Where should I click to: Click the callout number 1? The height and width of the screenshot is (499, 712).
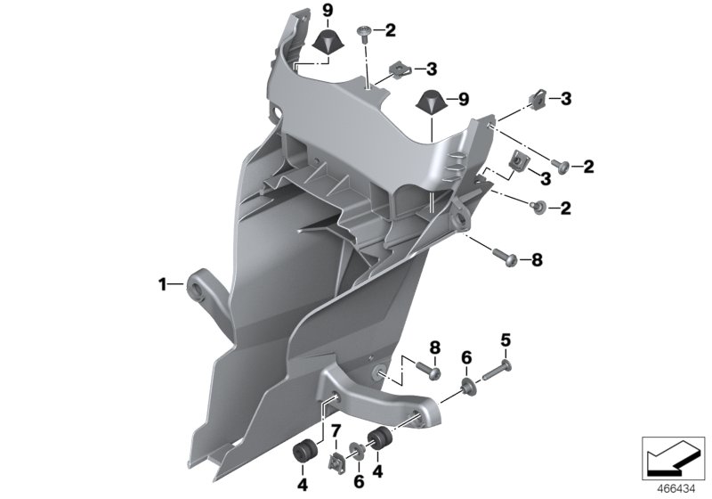(x=163, y=285)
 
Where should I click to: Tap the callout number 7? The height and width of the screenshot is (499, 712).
(x=336, y=432)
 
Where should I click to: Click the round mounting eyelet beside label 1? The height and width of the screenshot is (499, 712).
(x=196, y=288)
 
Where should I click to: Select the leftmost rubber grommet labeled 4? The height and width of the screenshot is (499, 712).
(x=302, y=451)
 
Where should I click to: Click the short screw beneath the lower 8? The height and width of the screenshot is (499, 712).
(x=433, y=372)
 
